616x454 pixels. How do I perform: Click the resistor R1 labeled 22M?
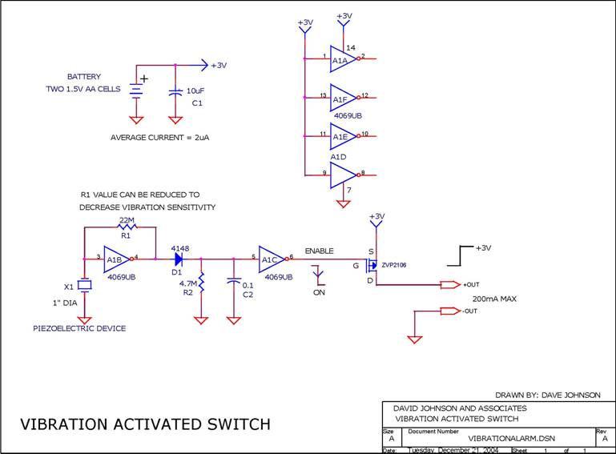click(127, 227)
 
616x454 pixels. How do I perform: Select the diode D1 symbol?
click(177, 258)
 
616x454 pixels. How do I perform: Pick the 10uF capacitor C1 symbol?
click(175, 92)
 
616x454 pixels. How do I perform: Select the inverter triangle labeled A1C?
click(270, 258)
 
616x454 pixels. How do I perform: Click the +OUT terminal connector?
click(451, 285)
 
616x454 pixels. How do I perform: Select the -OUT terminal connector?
click(451, 311)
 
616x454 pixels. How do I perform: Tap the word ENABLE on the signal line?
click(319, 251)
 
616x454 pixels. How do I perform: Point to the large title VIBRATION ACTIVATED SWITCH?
click(145, 424)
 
